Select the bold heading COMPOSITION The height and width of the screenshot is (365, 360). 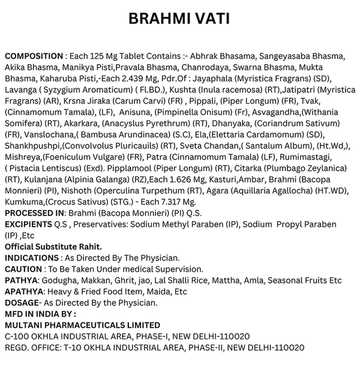(x=34, y=56)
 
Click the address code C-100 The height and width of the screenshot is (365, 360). (x=17, y=336)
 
